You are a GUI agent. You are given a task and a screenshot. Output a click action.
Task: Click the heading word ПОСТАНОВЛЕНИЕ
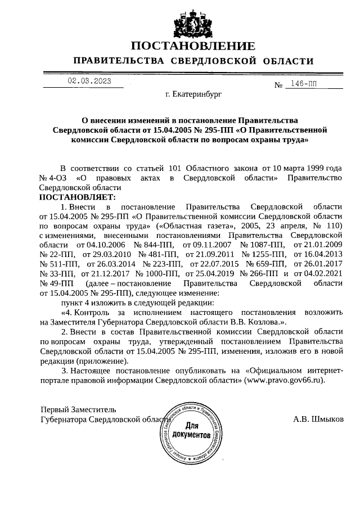tap(193, 46)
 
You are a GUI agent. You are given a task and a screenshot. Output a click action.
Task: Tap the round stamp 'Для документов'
tap(193, 431)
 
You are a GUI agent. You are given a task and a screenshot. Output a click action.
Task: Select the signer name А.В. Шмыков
tap(318, 419)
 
